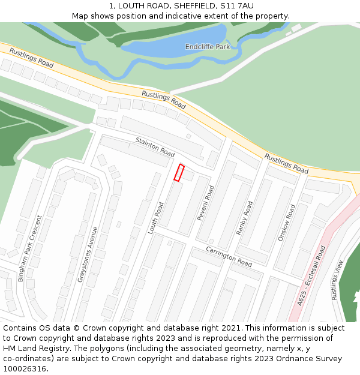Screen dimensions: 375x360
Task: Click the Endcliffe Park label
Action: click(207, 46)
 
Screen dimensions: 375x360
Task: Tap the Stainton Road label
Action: click(155, 147)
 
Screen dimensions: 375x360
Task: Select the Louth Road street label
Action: click(156, 218)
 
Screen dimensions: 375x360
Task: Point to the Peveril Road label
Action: click(206, 203)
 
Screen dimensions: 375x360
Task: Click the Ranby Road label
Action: click(244, 217)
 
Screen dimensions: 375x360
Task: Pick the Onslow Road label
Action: click(287, 223)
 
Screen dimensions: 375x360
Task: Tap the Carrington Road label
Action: click(229, 256)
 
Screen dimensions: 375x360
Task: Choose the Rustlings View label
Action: click(338, 280)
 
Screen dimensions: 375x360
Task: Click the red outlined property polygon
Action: click(178, 172)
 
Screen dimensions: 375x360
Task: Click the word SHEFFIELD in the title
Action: click(196, 6)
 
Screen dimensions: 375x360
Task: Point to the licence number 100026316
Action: click(24, 368)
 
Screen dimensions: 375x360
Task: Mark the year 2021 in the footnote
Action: click(231, 328)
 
